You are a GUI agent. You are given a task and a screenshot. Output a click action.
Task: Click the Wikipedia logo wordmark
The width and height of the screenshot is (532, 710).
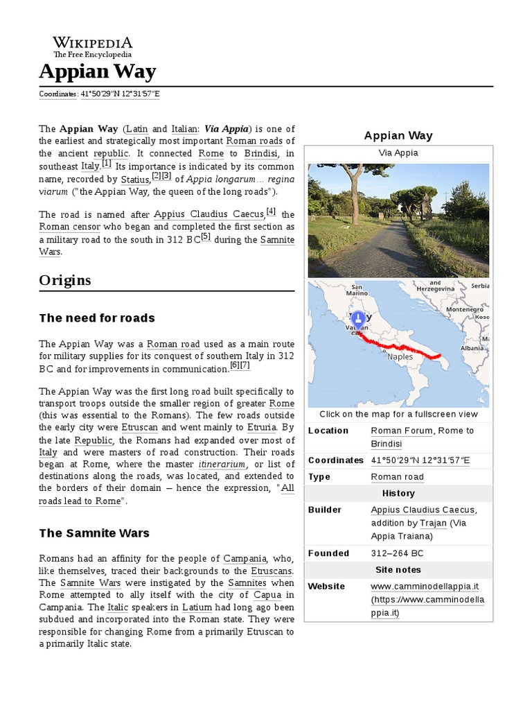pos(92,42)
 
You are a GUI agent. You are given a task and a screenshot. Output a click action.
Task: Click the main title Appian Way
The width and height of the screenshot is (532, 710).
pos(98,71)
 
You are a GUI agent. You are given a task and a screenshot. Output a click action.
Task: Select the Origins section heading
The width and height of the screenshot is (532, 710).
pos(65,280)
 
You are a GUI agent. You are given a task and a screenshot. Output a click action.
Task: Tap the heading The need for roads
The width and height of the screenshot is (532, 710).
pos(97,318)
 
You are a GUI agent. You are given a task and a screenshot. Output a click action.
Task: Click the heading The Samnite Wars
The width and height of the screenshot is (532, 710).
pos(94,533)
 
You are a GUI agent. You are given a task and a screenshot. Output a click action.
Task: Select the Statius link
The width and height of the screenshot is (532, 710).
pos(134,179)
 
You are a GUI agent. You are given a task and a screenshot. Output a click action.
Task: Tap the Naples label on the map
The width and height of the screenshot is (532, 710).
pos(400,356)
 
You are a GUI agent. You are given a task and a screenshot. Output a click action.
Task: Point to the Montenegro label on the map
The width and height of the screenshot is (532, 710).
pos(464,309)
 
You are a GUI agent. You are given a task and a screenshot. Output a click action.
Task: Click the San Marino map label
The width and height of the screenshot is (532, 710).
pos(357,290)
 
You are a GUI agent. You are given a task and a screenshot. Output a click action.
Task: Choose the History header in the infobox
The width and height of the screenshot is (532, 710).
pos(398,493)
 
